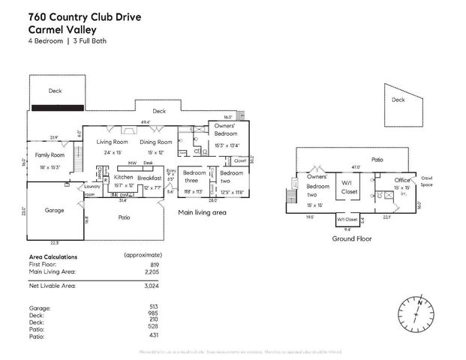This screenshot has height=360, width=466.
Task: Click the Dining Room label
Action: tap(156, 142)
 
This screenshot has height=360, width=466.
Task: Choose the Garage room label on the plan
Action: tap(54, 211)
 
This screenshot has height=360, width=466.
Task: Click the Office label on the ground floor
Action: tap(383, 180)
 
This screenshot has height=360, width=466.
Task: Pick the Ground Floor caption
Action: tap(353, 238)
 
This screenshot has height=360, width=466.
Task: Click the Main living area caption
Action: tap(202, 213)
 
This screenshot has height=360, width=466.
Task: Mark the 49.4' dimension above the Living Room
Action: tap(145, 121)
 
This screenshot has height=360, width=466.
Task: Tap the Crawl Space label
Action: tap(426, 181)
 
